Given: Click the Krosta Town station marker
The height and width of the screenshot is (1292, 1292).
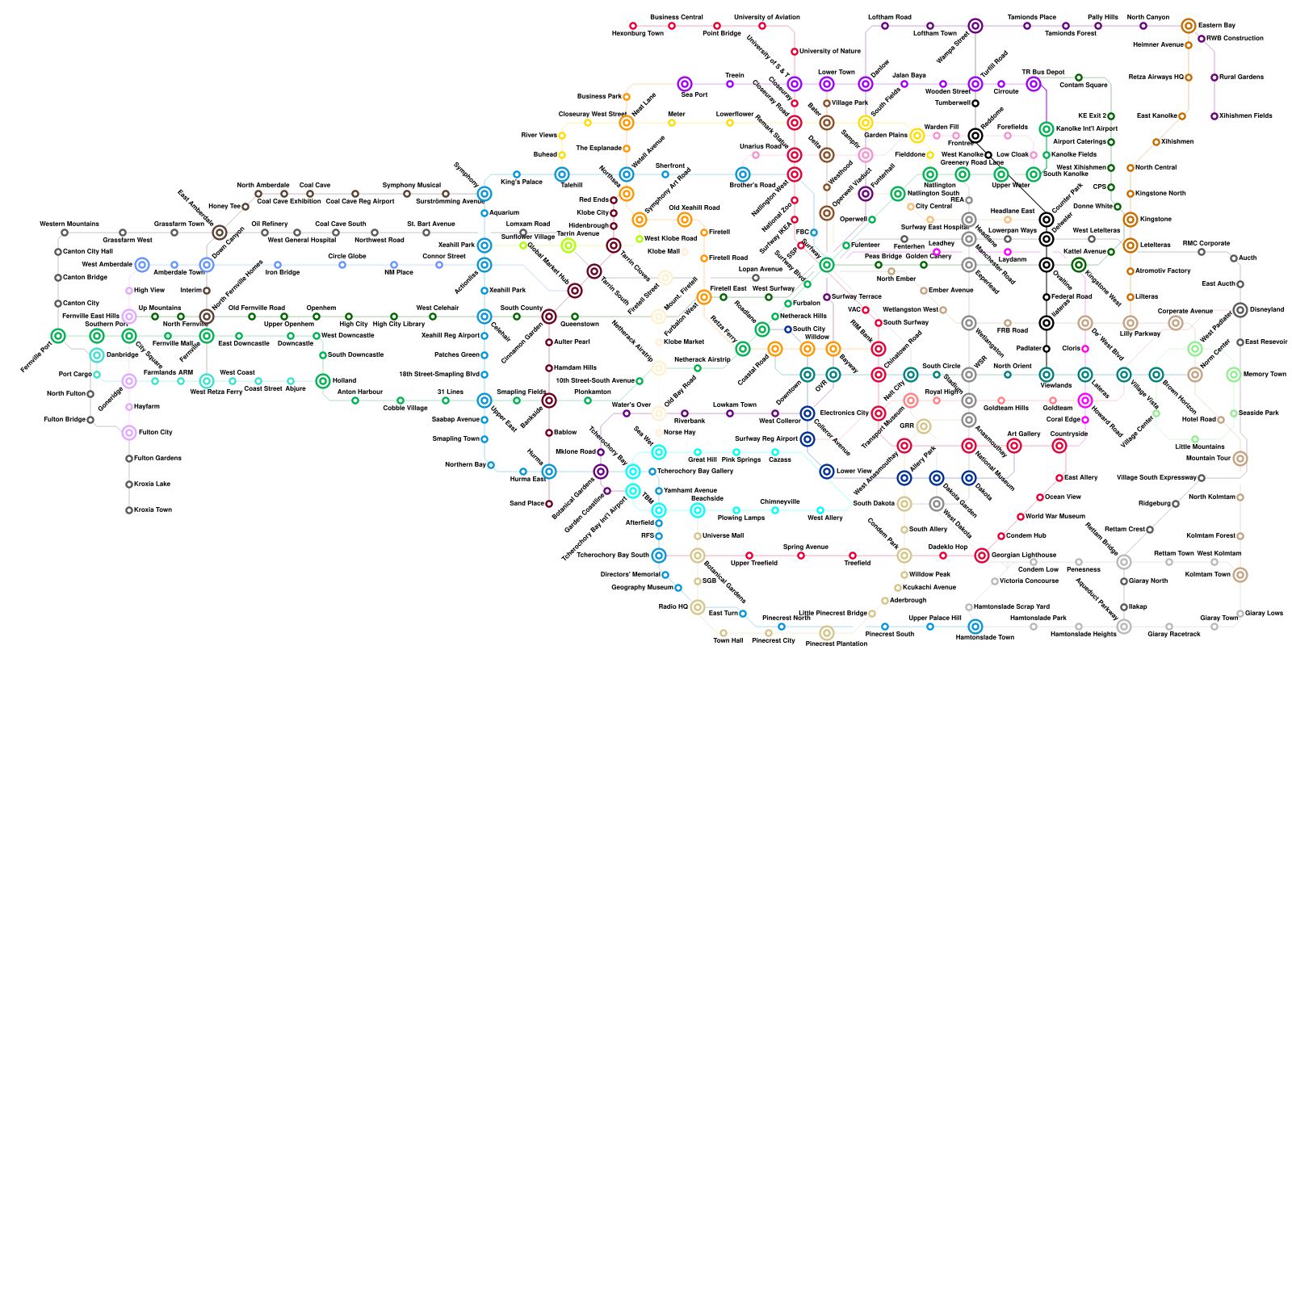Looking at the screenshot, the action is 129,510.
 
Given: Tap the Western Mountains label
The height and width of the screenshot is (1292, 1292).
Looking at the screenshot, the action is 69,224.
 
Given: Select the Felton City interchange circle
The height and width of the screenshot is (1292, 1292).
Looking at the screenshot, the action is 129,433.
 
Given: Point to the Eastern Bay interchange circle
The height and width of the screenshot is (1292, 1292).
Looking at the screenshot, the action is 1189,26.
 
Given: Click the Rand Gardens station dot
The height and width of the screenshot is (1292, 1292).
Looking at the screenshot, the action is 1214,78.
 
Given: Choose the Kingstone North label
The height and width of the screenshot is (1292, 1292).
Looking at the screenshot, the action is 1160,194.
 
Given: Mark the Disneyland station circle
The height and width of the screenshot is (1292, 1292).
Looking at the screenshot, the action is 1240,310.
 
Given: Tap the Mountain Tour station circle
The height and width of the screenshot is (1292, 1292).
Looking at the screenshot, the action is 1240,459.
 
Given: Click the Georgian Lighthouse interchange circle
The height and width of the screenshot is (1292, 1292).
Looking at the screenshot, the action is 982,556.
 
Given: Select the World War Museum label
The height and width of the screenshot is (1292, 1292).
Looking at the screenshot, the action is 1055,516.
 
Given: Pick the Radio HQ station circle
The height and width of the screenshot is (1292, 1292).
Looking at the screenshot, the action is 698,607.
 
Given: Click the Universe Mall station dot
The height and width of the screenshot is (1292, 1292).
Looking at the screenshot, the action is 698,536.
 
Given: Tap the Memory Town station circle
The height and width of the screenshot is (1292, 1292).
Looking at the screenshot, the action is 1234,375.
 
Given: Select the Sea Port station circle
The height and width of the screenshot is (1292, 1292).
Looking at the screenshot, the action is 685,84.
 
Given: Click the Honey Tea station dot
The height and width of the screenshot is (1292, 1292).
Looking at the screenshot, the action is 245,207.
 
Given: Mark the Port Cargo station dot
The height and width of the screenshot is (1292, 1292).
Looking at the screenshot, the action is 97,375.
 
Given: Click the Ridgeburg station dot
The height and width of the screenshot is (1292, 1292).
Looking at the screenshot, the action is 1176,504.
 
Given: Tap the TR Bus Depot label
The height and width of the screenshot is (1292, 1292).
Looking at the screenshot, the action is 1043,73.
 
